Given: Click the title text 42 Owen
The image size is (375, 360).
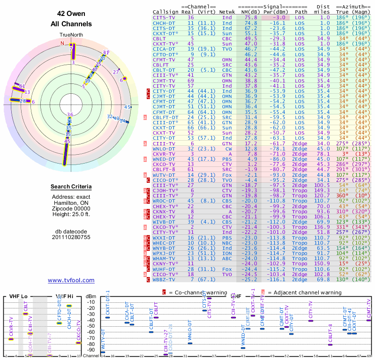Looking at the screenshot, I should (71, 14).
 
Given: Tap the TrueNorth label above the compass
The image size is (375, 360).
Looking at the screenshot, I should (71, 35).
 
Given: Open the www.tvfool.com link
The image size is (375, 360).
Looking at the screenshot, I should (71, 280).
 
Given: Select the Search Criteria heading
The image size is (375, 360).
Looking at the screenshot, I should (71, 187).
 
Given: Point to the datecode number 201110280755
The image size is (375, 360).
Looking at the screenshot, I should (71, 237).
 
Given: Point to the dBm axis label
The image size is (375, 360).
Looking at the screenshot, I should (90, 296).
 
